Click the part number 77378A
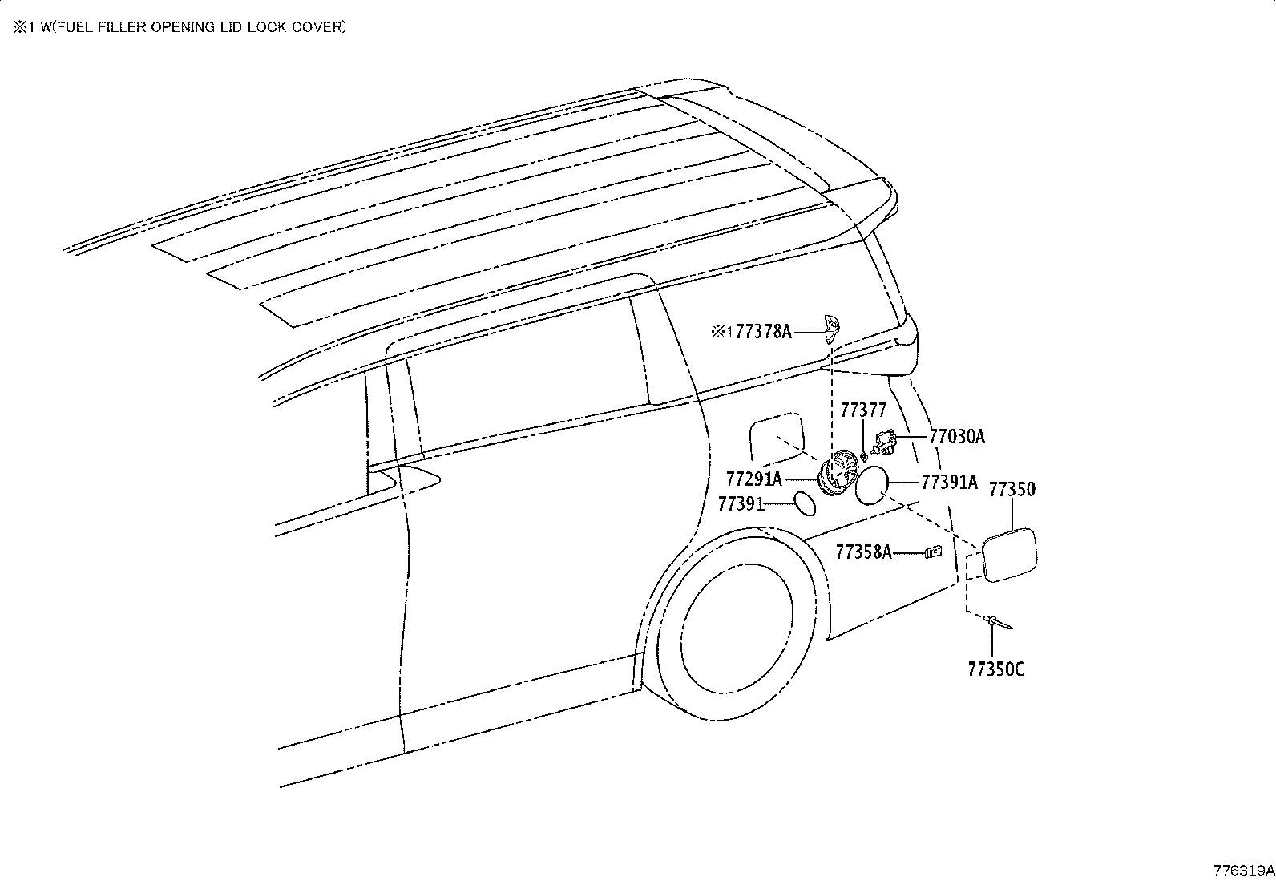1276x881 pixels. tap(763, 332)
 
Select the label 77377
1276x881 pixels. tap(863, 410)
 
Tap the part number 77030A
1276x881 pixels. tap(957, 437)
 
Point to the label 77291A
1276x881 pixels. tap(753, 479)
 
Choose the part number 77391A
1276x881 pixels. tap(950, 482)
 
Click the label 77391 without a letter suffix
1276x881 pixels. tap(741, 503)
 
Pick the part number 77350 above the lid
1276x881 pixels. tap(1012, 489)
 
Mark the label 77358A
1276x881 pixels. tap(863, 552)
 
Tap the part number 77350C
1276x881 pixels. tap(995, 669)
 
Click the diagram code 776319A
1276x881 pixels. tap(1243, 871)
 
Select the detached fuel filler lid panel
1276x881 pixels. tap(1009, 555)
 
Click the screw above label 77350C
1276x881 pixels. tap(997, 622)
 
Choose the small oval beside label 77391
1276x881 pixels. tap(805, 503)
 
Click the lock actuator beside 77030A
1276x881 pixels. tap(884, 443)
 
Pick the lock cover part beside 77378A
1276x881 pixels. tap(833, 329)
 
